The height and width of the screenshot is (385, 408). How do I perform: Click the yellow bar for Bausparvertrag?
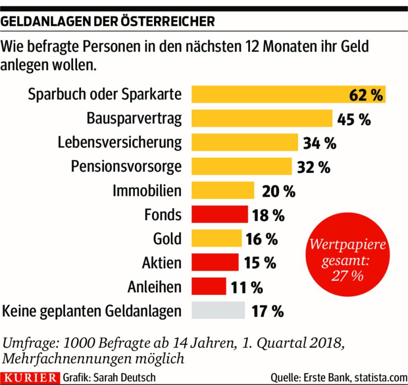[262, 119]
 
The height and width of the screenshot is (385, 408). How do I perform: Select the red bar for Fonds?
[220, 215]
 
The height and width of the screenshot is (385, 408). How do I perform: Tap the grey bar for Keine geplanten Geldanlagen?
[218, 310]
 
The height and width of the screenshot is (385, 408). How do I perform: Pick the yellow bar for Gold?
[217, 239]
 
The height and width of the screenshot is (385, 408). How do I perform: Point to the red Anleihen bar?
[209, 287]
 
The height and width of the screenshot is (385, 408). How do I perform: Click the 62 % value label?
[366, 95]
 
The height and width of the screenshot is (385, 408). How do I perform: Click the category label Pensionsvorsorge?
[126, 167]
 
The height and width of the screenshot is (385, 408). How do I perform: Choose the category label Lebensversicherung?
[120, 143]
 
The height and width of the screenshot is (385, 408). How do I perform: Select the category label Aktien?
[161, 263]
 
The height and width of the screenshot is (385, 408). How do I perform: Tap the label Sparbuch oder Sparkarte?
[105, 94]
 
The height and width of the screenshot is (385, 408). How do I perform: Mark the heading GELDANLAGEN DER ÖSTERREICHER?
[108, 21]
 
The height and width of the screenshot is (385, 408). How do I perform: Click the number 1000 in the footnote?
[80, 342]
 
